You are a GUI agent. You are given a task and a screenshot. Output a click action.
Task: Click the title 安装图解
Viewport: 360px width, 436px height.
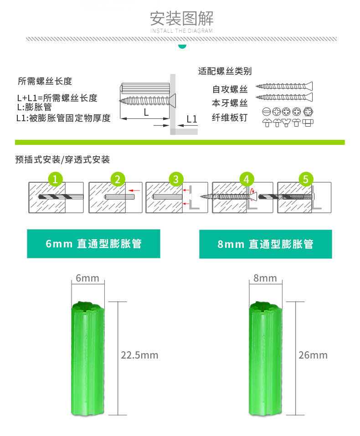click(181, 18)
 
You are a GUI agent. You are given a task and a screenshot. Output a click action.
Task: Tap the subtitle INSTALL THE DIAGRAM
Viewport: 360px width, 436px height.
click(181, 31)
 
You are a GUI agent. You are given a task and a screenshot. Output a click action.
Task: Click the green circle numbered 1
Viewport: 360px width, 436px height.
click(55, 179)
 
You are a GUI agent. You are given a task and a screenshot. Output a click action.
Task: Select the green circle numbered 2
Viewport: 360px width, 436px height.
click(117, 179)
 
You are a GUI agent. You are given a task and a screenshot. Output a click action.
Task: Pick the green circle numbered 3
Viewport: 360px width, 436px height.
click(176, 179)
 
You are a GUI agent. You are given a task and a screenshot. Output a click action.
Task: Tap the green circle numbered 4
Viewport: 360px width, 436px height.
click(247, 179)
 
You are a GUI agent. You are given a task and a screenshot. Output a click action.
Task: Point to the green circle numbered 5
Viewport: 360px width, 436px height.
click(305, 179)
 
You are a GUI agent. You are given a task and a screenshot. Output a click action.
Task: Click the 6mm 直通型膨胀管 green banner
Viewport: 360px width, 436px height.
click(93, 244)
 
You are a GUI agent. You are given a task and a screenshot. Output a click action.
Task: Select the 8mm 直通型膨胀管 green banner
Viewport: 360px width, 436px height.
click(265, 244)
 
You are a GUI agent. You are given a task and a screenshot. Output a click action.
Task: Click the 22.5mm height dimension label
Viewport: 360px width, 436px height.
click(139, 355)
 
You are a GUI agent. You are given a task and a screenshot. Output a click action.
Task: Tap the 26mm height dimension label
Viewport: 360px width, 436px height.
click(313, 355)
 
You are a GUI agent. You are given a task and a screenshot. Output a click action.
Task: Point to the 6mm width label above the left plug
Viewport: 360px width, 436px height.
click(87, 278)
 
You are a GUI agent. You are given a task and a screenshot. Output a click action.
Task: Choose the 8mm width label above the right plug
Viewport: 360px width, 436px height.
click(265, 278)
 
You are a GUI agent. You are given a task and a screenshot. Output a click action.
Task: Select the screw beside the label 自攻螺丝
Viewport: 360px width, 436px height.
click(284, 86)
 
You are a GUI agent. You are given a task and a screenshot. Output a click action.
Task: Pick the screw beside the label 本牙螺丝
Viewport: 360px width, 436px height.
click(284, 97)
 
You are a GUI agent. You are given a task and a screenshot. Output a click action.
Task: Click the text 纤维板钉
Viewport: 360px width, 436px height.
click(230, 118)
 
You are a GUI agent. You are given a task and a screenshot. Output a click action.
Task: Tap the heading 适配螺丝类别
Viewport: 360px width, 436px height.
click(225, 71)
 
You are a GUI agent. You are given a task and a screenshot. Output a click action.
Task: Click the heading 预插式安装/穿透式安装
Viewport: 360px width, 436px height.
click(62, 159)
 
